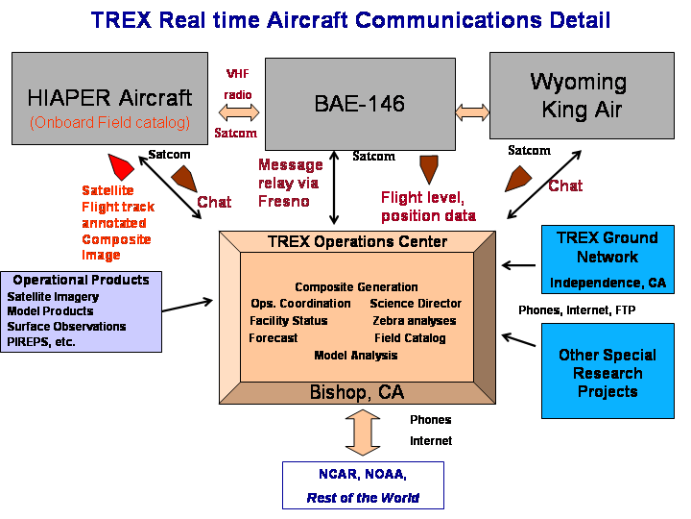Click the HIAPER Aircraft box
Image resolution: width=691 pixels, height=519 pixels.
click(110, 98)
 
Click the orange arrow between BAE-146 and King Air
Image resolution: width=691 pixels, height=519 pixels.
click(471, 112)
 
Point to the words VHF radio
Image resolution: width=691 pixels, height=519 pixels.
click(238, 84)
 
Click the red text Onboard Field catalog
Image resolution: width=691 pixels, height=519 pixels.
click(109, 122)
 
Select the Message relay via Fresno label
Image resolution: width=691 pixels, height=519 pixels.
click(290, 182)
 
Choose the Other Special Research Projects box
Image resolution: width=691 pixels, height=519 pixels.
click(607, 371)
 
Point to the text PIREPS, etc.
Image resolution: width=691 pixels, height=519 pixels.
click(40, 341)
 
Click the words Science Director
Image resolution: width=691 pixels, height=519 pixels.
click(416, 304)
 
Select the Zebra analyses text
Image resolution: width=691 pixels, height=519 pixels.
click(415, 321)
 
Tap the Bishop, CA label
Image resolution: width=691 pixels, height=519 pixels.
click(356, 392)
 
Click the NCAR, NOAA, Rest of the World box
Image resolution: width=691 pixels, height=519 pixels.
click(363, 485)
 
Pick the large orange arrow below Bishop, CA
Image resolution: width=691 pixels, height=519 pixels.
click(362, 432)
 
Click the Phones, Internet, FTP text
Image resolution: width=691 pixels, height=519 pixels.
click(577, 310)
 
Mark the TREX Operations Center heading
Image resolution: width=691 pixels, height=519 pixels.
click(356, 242)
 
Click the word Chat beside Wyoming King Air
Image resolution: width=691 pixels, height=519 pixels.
click(565, 185)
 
